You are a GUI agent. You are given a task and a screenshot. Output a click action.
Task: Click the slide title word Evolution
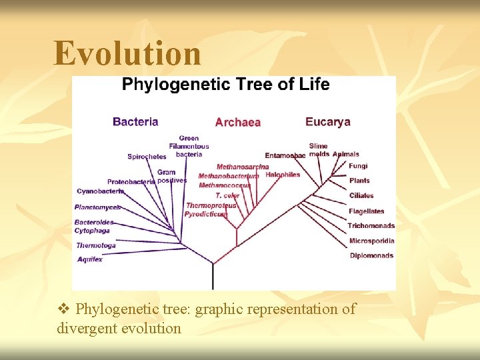127,53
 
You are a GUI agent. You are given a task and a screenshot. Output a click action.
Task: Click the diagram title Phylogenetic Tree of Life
225,85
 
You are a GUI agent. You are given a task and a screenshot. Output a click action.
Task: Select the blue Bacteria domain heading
135,121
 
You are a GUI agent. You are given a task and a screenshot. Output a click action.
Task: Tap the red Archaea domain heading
237,122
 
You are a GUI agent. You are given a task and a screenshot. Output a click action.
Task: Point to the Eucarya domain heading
327,121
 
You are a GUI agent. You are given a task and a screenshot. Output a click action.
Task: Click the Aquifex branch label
90,259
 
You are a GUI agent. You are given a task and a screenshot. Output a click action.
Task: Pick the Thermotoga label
95,245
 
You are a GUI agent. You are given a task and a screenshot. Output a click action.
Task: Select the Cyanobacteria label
100,191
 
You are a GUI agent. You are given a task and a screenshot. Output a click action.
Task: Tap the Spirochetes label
147,157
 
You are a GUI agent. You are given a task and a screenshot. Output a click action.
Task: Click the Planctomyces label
97,207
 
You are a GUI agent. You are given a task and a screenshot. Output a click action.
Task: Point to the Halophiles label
283,175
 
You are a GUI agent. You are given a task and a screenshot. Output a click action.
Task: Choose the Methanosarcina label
243,167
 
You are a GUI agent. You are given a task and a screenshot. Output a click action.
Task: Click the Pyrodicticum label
206,215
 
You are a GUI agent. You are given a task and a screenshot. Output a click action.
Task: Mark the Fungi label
358,166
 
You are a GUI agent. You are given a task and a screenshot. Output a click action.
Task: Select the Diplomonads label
371,255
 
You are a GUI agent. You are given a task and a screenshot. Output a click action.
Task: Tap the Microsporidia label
371,241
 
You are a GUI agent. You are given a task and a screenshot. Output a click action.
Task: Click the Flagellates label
367,211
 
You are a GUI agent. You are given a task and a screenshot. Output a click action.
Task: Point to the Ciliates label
361,196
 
